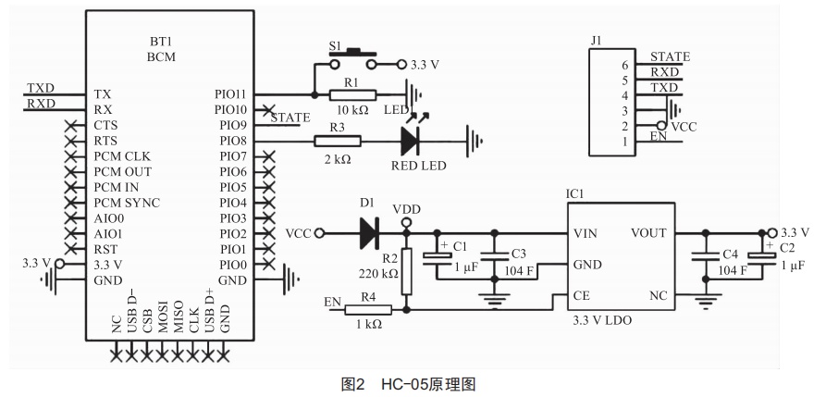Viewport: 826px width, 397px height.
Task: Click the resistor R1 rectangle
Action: tap(353, 94)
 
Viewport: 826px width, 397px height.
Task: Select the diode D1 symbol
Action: tap(369, 233)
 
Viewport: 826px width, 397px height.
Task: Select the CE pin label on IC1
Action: tap(583, 295)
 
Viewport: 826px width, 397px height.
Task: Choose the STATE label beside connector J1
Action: tap(670, 57)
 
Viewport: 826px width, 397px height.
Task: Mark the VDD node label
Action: tap(406, 209)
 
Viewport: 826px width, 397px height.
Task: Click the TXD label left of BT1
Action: tap(40, 88)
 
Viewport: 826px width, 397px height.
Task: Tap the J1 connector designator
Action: tap(596, 39)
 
